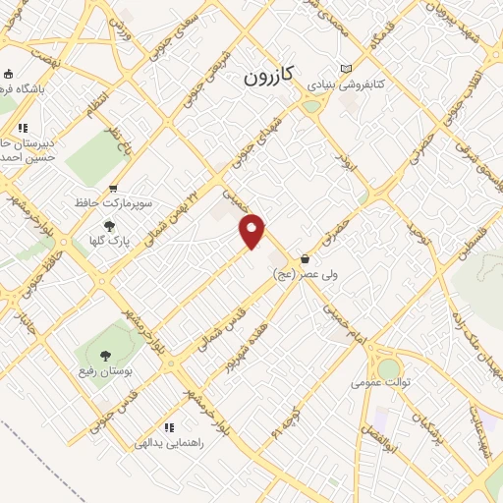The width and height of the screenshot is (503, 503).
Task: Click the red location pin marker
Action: (253, 230)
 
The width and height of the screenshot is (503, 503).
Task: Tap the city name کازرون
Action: (270, 75)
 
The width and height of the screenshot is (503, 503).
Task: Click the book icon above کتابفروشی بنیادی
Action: (345, 69)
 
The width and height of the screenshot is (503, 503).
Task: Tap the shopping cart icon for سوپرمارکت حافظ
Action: (114, 189)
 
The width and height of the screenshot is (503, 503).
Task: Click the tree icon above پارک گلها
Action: (109, 225)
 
